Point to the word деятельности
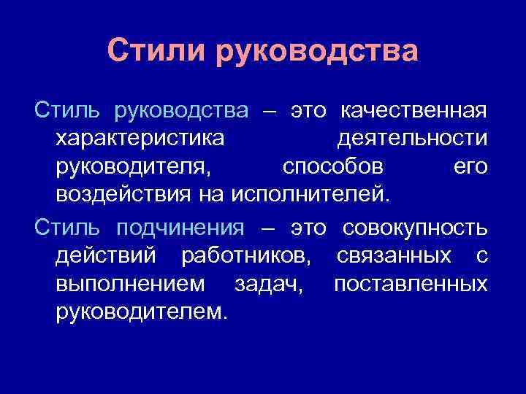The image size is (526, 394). pyautogui.click(x=412, y=139)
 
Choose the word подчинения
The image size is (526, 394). pyautogui.click(x=180, y=228)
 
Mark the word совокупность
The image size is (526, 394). pyautogui.click(x=414, y=228)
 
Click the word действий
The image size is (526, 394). pyautogui.click(x=109, y=256)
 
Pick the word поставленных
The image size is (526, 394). pyautogui.click(x=411, y=285)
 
